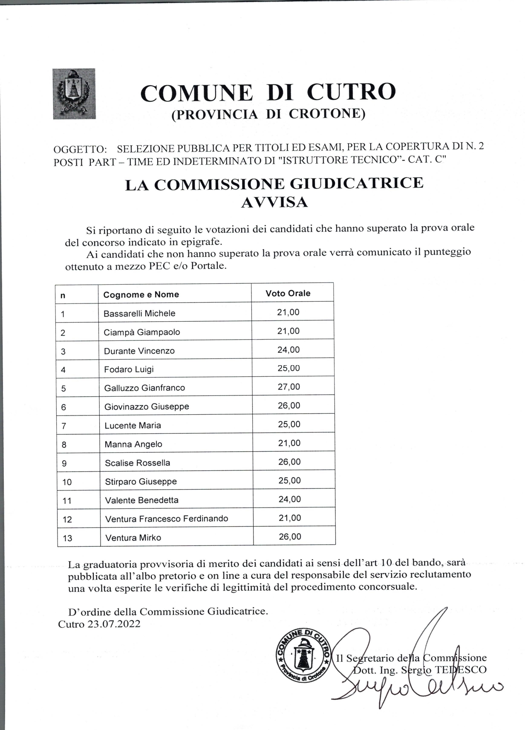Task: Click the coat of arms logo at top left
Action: coord(74,94)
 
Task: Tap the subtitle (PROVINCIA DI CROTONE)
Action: coord(268,115)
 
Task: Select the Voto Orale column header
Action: coord(288,293)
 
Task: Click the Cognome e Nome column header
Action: coord(141,294)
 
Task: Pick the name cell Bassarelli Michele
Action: coord(139,313)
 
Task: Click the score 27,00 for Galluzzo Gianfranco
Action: coord(289,387)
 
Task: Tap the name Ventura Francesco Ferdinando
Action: coord(167,519)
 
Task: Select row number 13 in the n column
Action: coord(67,538)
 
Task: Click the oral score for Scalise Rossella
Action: coord(289,462)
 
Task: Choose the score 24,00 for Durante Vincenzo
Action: coord(288,350)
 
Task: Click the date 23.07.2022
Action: coord(114,624)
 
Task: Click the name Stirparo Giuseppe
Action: coord(141,482)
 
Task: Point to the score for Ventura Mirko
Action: coord(290,537)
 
